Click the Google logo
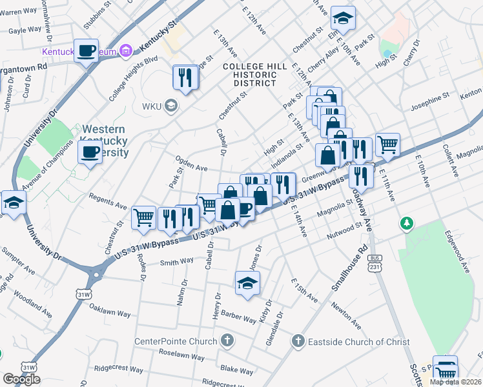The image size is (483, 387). (21, 379)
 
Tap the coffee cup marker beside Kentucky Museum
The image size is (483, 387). (86, 50)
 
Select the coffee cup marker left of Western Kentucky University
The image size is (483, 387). (89, 153)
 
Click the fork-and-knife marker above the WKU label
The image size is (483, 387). (185, 77)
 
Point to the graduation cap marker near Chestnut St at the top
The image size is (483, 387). (343, 19)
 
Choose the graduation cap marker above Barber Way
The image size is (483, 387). (247, 283)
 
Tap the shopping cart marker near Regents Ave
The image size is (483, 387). (143, 217)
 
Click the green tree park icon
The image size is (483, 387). (406, 224)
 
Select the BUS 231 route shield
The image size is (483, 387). (374, 263)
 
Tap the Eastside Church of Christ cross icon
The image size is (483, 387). (298, 341)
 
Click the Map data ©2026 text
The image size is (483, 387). (455, 382)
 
